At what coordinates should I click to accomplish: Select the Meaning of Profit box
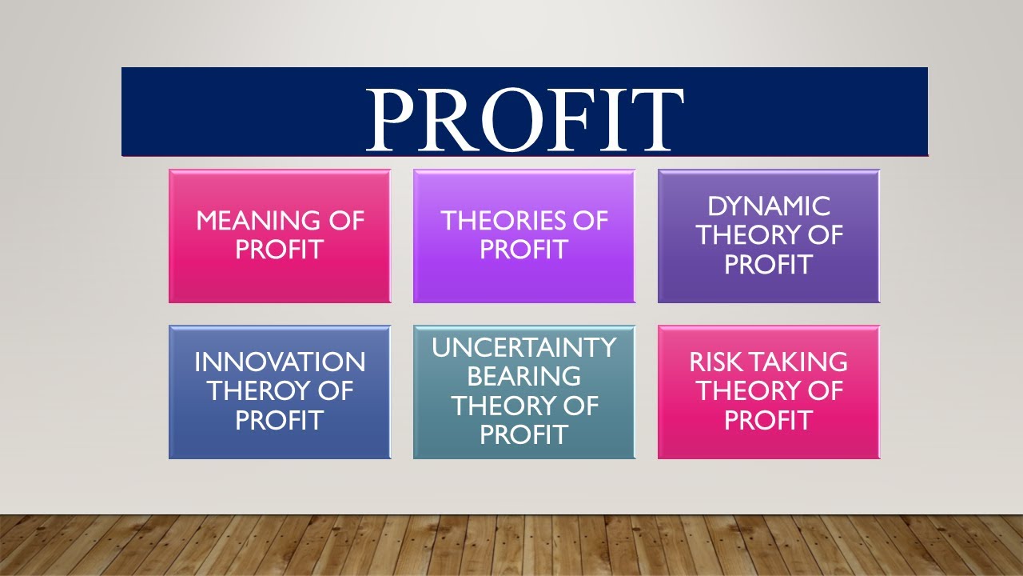280,236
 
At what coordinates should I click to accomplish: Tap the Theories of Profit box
524,236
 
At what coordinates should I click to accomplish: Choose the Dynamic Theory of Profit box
769,236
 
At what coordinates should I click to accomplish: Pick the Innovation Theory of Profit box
280,392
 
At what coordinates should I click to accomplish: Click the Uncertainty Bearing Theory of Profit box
524,392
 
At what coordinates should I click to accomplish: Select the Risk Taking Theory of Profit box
769,392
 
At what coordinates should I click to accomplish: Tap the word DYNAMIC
769,206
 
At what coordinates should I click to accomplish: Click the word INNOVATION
280,362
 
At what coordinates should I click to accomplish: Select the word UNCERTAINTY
524,348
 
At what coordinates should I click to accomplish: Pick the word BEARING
524,377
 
